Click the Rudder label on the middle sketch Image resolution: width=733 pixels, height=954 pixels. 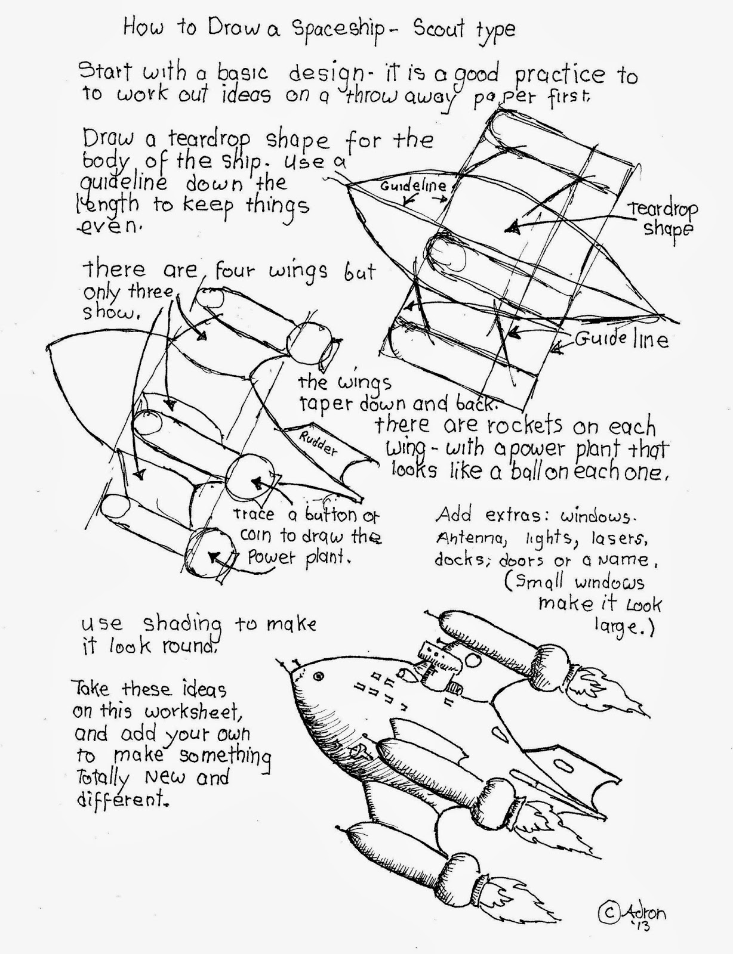click(317, 442)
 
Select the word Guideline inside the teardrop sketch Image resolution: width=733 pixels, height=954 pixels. click(413, 185)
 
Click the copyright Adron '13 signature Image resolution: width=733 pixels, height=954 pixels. click(632, 915)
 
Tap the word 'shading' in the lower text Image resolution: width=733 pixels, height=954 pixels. click(182, 624)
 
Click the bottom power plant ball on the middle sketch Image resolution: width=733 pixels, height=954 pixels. click(206, 554)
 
